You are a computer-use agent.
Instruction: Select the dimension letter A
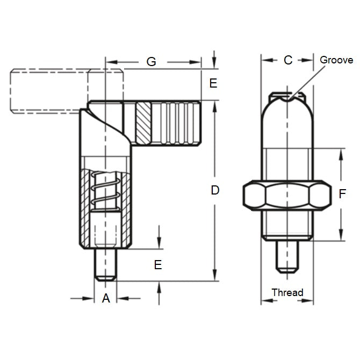coord(106,298)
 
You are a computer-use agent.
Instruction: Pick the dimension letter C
coord(287,60)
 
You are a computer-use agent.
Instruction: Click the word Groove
coord(336,60)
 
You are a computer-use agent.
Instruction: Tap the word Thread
coord(287,293)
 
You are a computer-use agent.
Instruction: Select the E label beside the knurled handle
coord(213,83)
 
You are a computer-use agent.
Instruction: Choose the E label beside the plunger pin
coord(158,264)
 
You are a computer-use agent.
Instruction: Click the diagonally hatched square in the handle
coord(143,123)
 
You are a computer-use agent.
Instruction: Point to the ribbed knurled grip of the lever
coord(177,123)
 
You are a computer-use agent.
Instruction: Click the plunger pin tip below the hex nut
coord(287,256)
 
